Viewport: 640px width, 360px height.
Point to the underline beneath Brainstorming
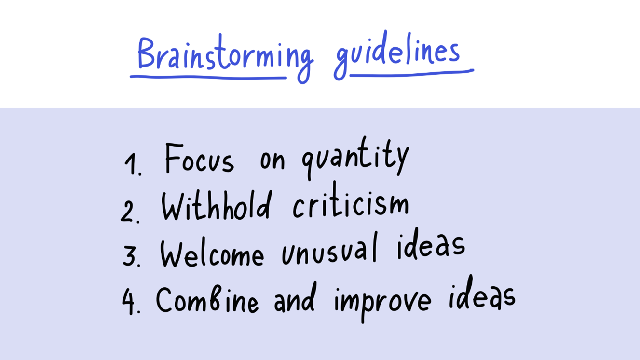click(x=208, y=77)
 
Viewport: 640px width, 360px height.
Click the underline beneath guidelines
click(x=412, y=74)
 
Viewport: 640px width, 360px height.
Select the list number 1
click(x=133, y=164)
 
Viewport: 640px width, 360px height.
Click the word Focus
click(x=200, y=158)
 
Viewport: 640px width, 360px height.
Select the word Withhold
click(x=216, y=206)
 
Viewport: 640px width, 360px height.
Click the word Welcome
click(x=212, y=253)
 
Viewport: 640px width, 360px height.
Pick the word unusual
click(x=329, y=248)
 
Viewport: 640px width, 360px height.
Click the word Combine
click(x=207, y=299)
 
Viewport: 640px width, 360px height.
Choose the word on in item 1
click(x=272, y=161)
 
